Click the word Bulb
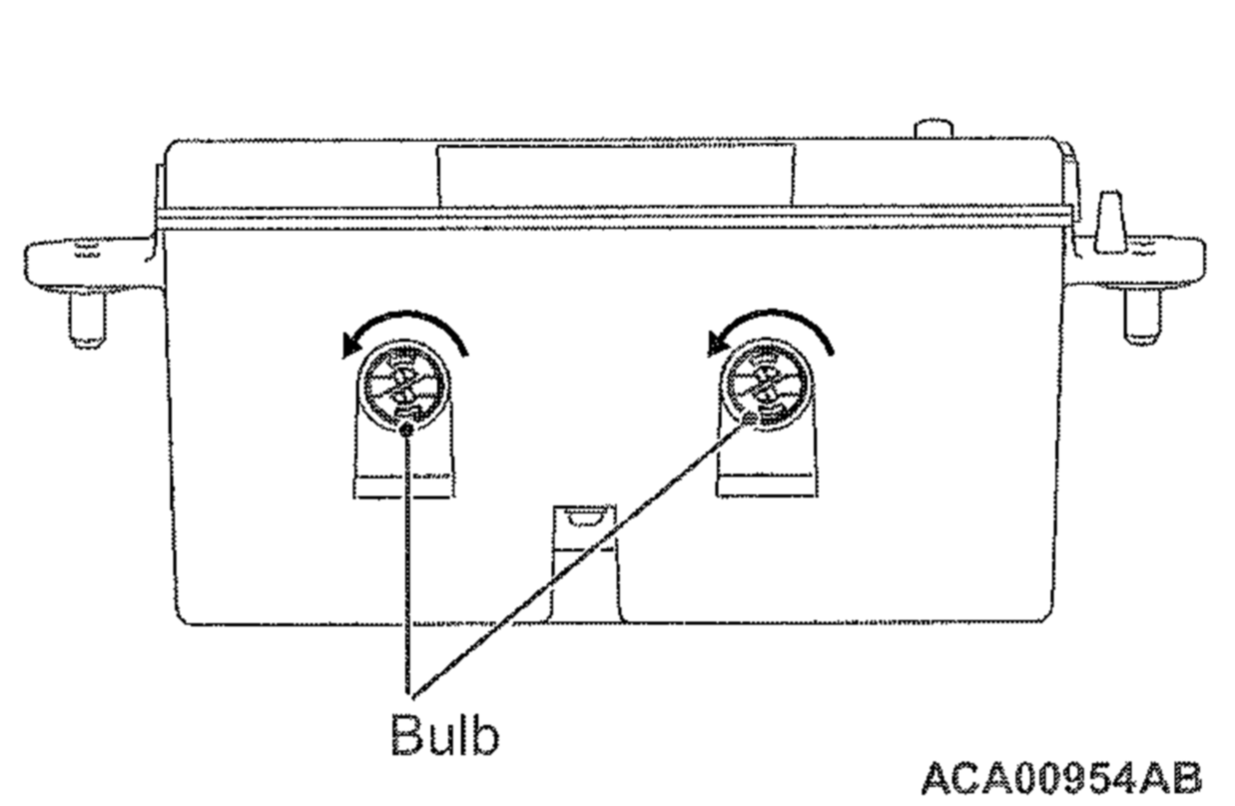click(x=444, y=735)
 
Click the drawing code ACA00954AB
click(x=1061, y=778)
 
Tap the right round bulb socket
click(x=767, y=386)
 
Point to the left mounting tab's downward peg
click(x=87, y=319)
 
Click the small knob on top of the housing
click(x=933, y=129)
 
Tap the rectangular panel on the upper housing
click(x=616, y=176)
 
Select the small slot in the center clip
click(x=584, y=519)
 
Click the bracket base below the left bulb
click(x=404, y=486)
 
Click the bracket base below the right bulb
click(x=767, y=485)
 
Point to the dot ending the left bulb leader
click(x=407, y=429)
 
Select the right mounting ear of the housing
click(x=1138, y=262)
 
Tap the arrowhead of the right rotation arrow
click(x=719, y=345)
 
